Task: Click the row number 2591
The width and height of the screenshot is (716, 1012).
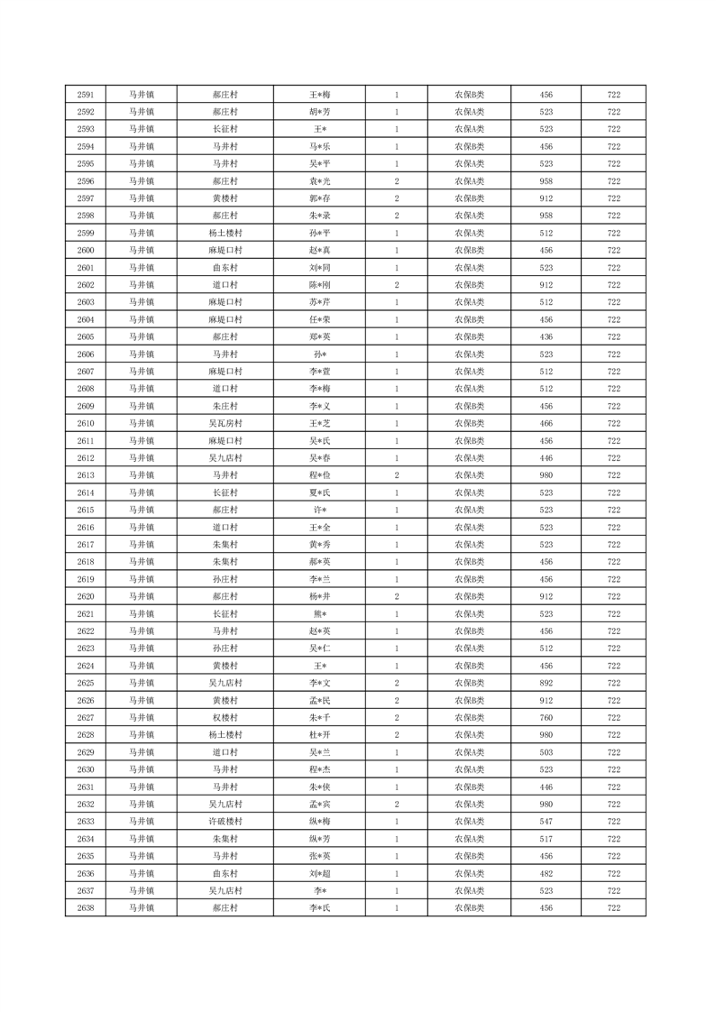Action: pyautogui.click(x=87, y=95)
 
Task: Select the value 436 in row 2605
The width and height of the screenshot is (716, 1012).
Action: pyautogui.click(x=546, y=337)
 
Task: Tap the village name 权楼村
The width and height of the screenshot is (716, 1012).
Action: pyautogui.click(x=225, y=718)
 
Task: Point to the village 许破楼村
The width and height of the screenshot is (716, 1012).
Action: pyautogui.click(x=225, y=822)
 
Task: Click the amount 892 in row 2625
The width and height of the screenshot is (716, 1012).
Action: pyautogui.click(x=546, y=684)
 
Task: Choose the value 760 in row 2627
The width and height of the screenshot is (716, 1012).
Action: pyautogui.click(x=546, y=718)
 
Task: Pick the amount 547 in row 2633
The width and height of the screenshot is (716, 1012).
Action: pyautogui.click(x=546, y=822)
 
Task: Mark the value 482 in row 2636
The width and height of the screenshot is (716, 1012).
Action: pyautogui.click(x=546, y=874)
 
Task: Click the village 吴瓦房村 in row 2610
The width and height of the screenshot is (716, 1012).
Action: pyautogui.click(x=225, y=424)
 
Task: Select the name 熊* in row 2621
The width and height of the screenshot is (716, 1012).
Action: pyautogui.click(x=320, y=614)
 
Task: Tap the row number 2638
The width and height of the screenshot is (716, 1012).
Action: pyautogui.click(x=87, y=908)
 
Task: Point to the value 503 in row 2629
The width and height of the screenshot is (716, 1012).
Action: pyautogui.click(x=546, y=752)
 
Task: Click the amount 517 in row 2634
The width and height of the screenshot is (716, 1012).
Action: pyautogui.click(x=546, y=839)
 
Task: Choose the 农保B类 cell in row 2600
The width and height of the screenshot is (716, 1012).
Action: pyautogui.click(x=469, y=251)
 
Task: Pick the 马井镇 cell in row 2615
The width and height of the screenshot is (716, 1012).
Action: pyautogui.click(x=141, y=511)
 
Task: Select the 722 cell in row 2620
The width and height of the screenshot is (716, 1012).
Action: pyautogui.click(x=613, y=597)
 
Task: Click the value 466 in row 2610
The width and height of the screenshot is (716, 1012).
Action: pyautogui.click(x=546, y=424)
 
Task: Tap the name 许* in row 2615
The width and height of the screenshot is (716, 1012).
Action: pyautogui.click(x=320, y=511)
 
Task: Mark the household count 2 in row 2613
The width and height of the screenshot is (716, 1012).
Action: pyautogui.click(x=397, y=475)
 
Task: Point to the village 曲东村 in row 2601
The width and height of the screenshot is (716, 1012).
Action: pyautogui.click(x=225, y=268)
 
